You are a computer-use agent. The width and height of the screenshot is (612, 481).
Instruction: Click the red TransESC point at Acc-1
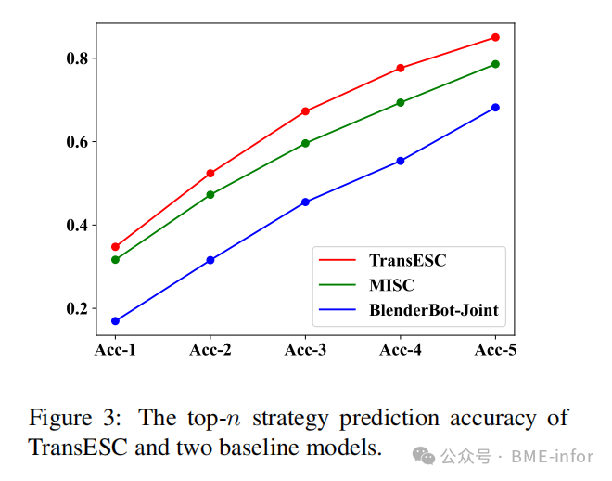[x=116, y=247]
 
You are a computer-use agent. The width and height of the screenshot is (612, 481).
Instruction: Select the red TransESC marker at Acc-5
[x=495, y=37]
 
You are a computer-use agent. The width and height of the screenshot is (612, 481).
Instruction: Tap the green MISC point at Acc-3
[x=305, y=143]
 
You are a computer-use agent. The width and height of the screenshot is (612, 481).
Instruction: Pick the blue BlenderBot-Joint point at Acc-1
[x=116, y=321]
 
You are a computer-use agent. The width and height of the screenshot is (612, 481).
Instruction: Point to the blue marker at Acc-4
[x=401, y=161]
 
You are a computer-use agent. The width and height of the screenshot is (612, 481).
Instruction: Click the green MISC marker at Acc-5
[x=495, y=64]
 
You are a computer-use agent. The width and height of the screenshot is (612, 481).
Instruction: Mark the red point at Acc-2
[x=210, y=174]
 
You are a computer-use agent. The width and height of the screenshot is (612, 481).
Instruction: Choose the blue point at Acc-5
[x=495, y=108]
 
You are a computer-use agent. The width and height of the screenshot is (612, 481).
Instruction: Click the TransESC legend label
[x=407, y=260]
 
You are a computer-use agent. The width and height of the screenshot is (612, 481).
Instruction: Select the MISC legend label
[x=391, y=285]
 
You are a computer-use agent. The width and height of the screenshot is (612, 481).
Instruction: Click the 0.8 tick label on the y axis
[x=77, y=58]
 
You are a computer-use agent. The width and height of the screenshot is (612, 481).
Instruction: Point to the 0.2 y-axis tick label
[x=77, y=309]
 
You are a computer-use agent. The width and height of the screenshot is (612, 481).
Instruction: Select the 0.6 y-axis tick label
[x=77, y=142]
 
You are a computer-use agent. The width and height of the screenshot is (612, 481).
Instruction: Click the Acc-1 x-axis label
[x=116, y=350]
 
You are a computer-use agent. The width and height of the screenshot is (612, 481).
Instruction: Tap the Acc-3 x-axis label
[x=305, y=350]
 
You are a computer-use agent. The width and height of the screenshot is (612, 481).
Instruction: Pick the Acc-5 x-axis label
[x=495, y=350]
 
